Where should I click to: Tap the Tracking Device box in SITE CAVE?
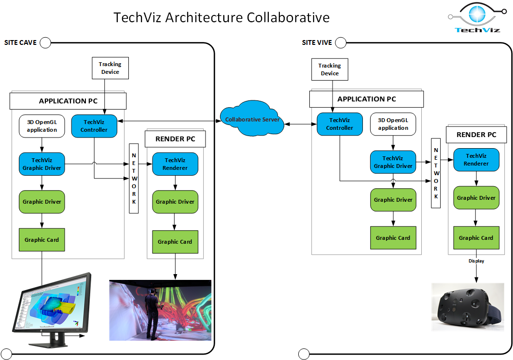pos(110,68)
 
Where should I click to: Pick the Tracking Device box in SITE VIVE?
pos(330,69)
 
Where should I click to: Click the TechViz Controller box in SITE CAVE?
pos(94,126)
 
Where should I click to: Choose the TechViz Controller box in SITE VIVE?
pos(339,124)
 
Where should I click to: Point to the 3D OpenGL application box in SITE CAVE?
pos(42,126)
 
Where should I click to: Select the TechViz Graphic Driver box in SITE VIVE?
pos(393,162)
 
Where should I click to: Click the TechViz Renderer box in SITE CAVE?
pos(175,164)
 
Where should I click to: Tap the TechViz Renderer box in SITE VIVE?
pos(476,160)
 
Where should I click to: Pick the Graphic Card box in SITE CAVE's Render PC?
pos(175,242)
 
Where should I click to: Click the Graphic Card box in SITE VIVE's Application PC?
pos(393,237)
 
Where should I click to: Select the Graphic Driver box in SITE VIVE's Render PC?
pos(476,198)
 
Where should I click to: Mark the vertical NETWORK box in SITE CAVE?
pos(134,179)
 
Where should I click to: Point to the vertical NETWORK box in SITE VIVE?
pos(436,173)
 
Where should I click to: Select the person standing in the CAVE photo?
pos(152,314)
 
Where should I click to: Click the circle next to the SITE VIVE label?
pos(341,43)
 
